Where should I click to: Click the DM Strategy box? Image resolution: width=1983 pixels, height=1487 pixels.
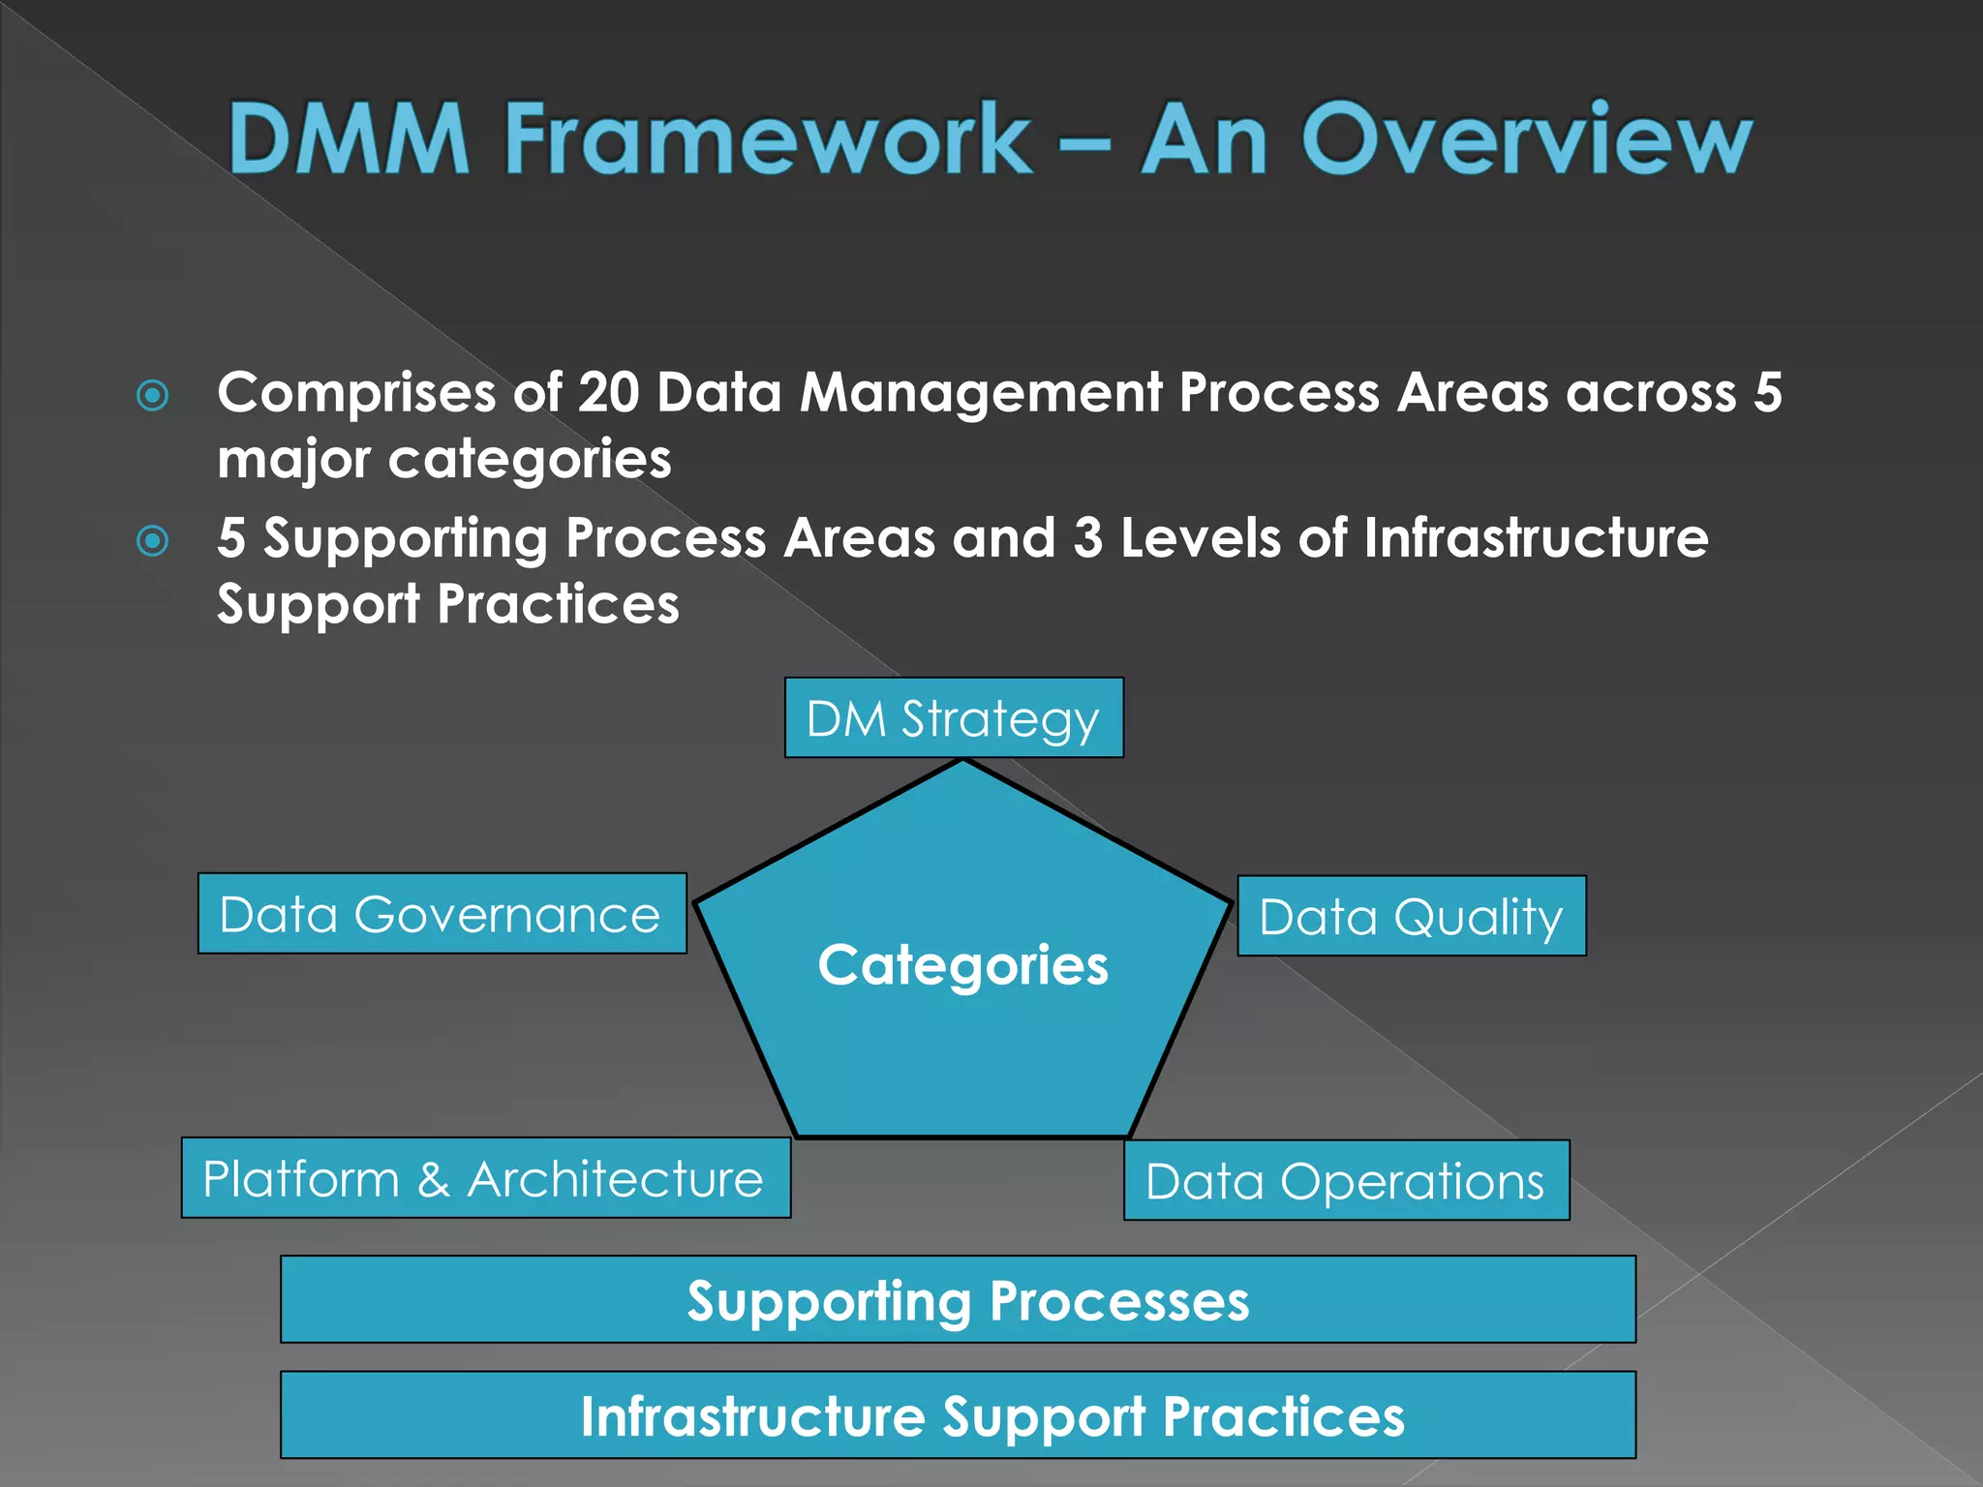coord(954,717)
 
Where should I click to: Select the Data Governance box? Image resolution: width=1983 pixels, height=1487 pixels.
coord(442,914)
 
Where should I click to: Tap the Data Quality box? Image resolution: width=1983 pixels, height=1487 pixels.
coord(1411,916)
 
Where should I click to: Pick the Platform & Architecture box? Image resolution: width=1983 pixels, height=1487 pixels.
coord(485,1178)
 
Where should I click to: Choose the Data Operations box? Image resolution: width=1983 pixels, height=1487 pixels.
coord(1346,1180)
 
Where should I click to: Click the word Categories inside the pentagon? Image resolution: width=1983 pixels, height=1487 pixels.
coord(962,965)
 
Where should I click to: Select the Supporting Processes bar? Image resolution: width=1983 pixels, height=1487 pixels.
coord(958,1299)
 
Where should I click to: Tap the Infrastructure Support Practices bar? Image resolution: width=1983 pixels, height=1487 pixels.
coord(958,1414)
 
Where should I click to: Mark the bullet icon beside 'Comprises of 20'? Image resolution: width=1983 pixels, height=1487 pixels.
coord(153,395)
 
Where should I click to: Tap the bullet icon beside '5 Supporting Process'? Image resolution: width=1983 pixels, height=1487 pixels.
coord(153,540)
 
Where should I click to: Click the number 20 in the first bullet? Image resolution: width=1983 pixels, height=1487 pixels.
coord(609,393)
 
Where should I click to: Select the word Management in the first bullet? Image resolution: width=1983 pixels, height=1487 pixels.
coord(980,393)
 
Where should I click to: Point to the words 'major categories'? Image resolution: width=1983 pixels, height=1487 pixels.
coord(444,459)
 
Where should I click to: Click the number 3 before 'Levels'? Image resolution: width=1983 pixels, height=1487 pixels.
coord(1087,537)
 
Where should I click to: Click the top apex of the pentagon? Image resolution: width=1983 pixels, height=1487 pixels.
coord(963,763)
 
